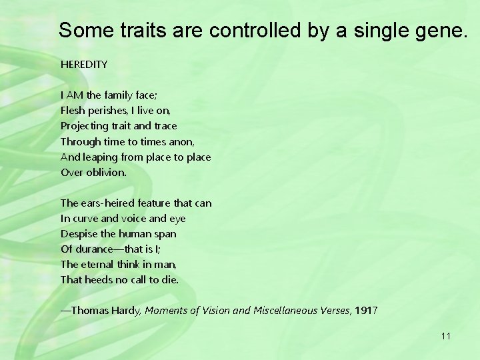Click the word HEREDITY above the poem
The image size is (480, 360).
click(x=84, y=65)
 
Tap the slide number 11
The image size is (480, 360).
click(x=445, y=336)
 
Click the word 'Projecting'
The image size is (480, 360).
click(x=85, y=125)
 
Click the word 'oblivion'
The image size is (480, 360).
click(x=106, y=172)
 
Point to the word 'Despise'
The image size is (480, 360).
click(x=79, y=233)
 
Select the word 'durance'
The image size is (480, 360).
click(x=95, y=249)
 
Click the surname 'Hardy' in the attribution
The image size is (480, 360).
click(x=127, y=311)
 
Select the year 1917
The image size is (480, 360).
click(x=366, y=311)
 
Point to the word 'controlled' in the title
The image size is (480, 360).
click(x=250, y=30)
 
